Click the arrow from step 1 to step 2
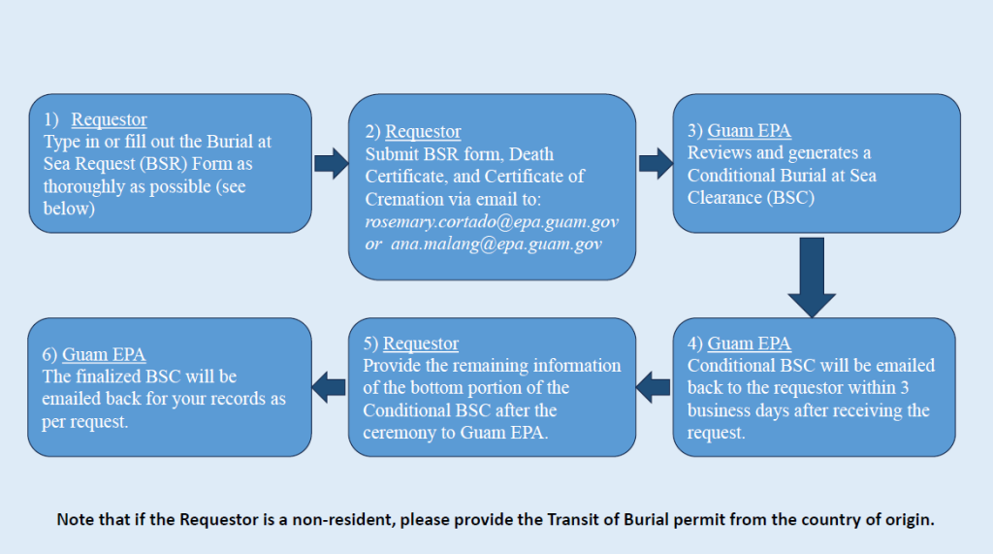331,164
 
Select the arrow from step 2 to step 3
656,164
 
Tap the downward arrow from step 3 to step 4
812,277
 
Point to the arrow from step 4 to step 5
655,387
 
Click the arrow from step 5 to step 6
330,387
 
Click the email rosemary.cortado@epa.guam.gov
492,222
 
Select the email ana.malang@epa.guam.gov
511,244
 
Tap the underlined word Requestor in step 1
109,119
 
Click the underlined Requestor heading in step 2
423,131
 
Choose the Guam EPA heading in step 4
749,343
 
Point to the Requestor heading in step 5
421,343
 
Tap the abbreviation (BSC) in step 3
792,197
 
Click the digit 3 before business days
922,388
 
